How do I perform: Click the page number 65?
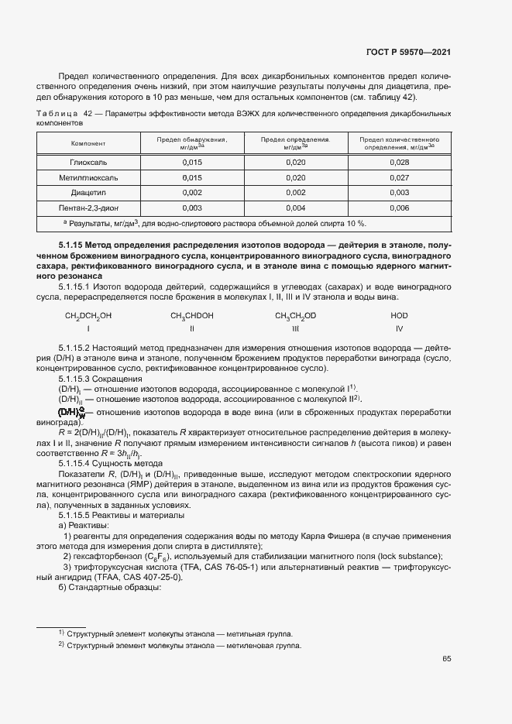447,659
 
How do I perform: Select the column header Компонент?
88,143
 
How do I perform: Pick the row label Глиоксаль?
88,162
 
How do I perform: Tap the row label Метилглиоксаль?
88,177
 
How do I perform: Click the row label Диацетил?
88,192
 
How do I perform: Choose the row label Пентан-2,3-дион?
88,208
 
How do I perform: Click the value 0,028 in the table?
399,162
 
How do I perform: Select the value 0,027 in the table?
399,177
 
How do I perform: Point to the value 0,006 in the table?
399,208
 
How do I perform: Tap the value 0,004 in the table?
296,208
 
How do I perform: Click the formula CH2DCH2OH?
88,316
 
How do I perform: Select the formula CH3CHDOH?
192,316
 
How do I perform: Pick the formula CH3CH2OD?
295,316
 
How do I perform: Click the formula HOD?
399,316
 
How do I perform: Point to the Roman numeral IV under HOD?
399,329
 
